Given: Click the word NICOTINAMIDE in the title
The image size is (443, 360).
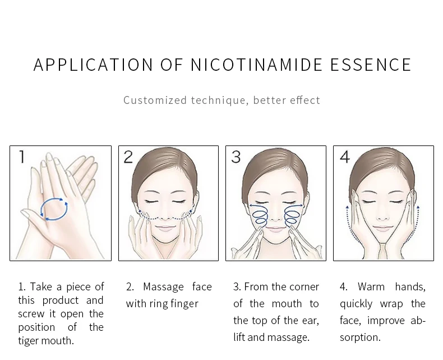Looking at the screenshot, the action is (256, 65).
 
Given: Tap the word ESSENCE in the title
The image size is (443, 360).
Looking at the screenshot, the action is (371, 65).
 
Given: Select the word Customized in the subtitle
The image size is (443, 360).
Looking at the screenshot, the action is (155, 100).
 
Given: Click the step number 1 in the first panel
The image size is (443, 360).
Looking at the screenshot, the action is (22, 157).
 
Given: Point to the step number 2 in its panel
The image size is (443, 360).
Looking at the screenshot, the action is (128, 157).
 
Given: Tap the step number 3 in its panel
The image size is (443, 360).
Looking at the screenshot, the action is (236, 157).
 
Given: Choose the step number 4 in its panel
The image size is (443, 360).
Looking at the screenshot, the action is (345, 157).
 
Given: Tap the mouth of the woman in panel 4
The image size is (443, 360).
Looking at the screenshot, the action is (383, 229).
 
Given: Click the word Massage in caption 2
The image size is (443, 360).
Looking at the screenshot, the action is (163, 287).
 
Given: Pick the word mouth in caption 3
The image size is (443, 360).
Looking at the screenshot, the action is (287, 304).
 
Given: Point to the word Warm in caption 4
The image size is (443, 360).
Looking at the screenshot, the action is (371, 286).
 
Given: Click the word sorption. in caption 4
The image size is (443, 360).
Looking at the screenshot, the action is (360, 338).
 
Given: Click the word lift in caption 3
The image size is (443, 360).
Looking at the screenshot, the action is (239, 337).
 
